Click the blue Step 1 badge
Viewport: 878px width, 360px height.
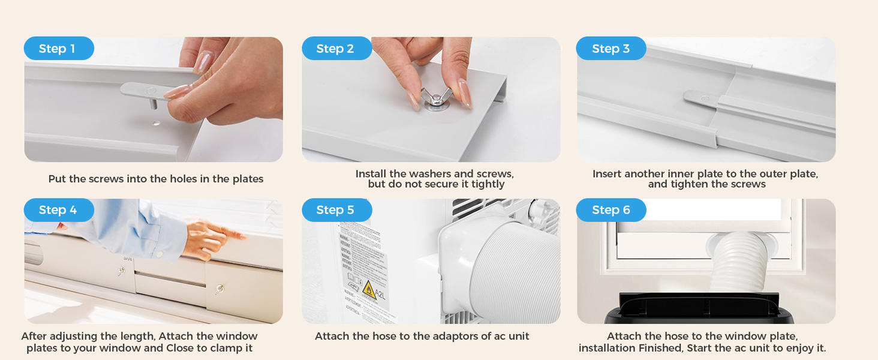click(58, 49)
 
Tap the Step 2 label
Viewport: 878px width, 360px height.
click(336, 49)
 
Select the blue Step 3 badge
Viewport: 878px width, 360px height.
click(611, 49)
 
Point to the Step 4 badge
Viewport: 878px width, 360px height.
click(58, 210)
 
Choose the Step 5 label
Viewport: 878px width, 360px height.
click(336, 210)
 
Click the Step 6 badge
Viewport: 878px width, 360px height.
click(611, 210)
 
